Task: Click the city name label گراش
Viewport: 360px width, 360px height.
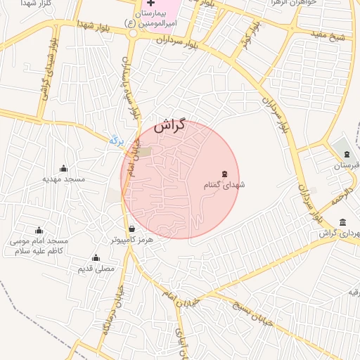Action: click(169, 127)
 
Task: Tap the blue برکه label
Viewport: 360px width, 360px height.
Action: click(116, 140)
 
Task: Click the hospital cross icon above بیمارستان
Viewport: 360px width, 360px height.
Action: click(150, 4)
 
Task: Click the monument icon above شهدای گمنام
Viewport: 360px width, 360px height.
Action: click(224, 174)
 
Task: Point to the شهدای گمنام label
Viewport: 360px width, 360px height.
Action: click(224, 185)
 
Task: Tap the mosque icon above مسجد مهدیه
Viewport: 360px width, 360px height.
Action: click(64, 168)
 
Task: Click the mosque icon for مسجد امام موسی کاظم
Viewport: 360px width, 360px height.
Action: click(39, 230)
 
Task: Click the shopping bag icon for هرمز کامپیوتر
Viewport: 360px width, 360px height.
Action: click(131, 229)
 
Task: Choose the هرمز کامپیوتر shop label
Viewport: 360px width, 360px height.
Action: click(131, 240)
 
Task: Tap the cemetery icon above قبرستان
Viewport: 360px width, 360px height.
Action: click(346, 154)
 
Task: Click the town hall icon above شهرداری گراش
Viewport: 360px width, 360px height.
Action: click(342, 223)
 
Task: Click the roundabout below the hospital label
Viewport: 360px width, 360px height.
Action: click(131, 34)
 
